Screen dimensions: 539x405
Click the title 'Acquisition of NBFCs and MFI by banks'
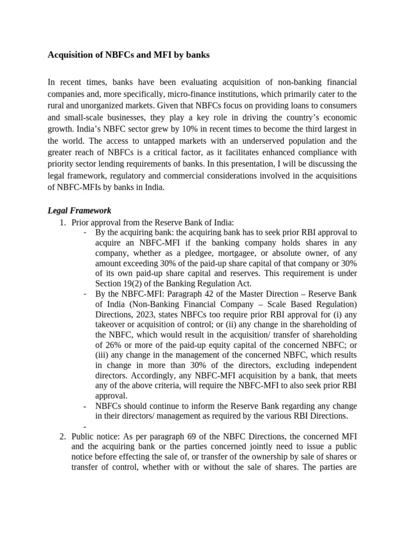(x=129, y=55)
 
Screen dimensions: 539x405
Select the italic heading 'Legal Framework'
(x=79, y=211)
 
